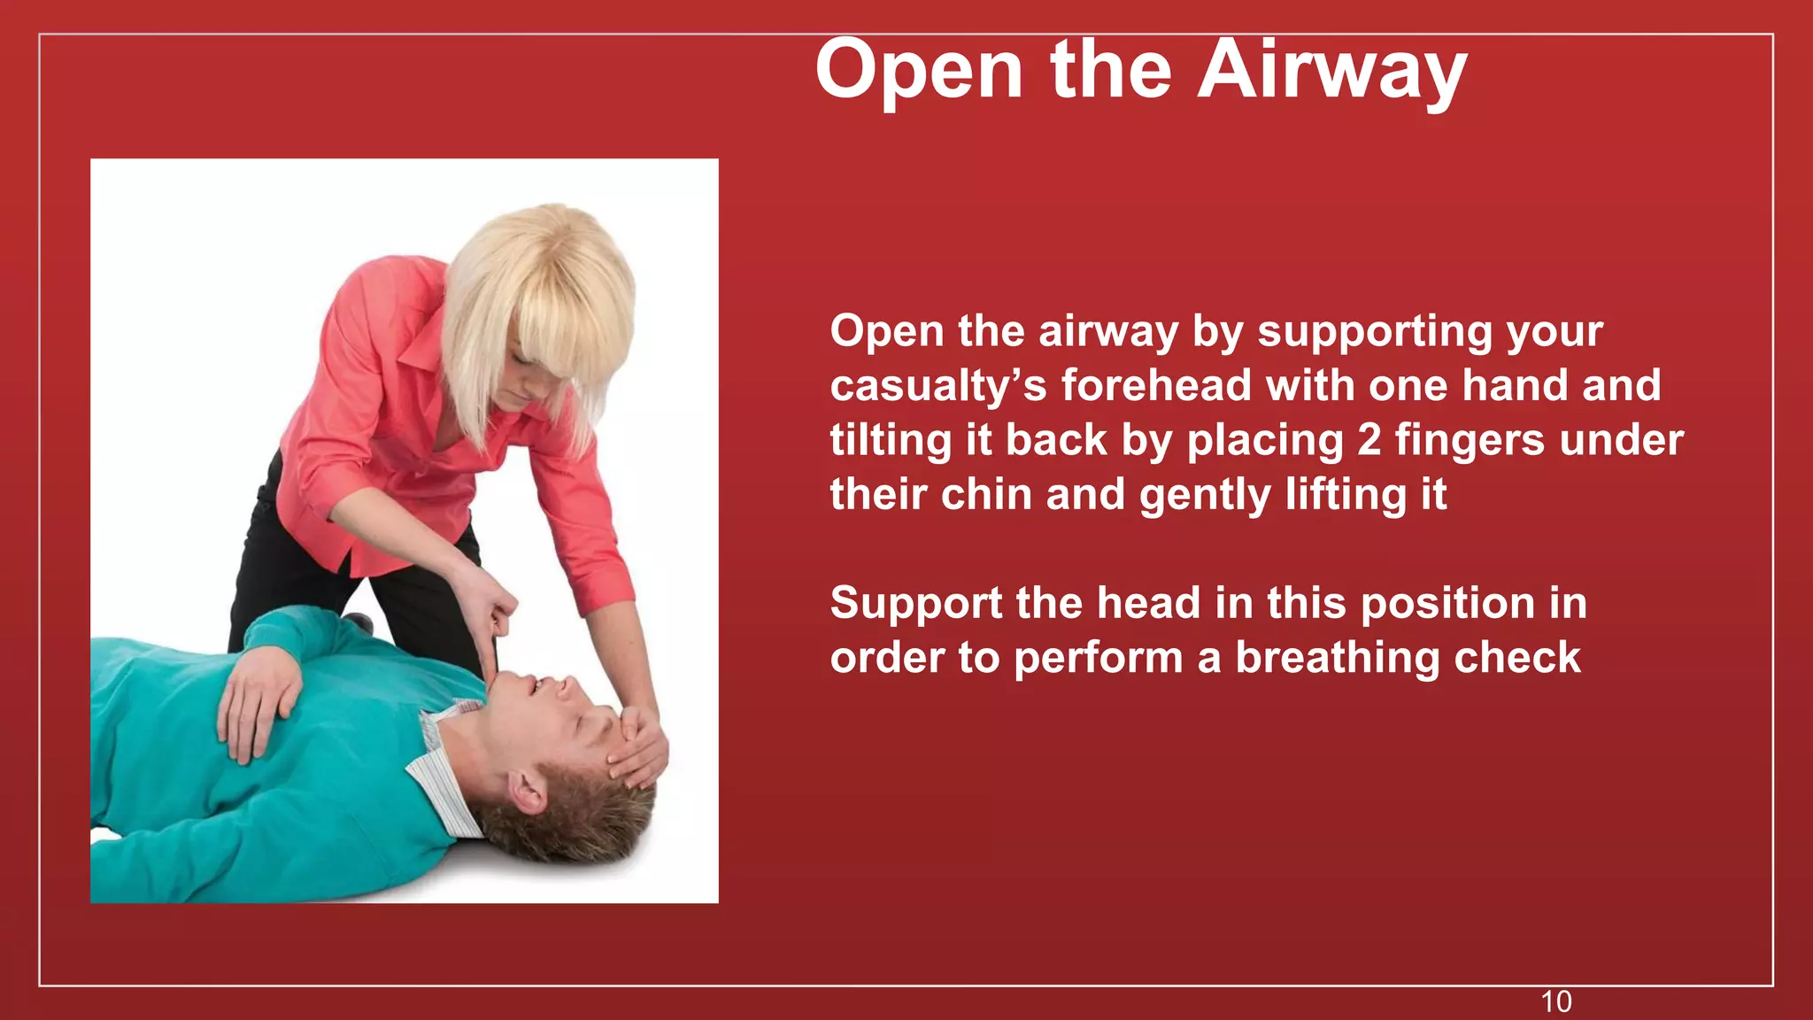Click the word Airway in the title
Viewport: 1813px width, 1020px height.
tap(1331, 71)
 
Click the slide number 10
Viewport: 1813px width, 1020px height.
tap(1555, 1001)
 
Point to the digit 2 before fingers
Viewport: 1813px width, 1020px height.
tap(1369, 440)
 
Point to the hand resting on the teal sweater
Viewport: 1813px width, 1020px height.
tap(257, 696)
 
